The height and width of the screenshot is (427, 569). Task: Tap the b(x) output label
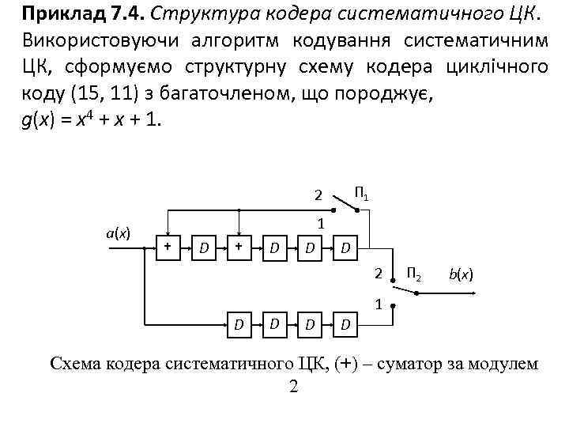(461, 274)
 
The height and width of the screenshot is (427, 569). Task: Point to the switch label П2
(413, 274)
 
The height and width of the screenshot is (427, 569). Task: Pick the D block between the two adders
(203, 249)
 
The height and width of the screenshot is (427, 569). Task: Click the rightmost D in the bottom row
(345, 323)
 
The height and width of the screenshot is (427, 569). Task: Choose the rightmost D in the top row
(345, 249)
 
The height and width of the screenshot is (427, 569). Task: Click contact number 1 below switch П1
(321, 224)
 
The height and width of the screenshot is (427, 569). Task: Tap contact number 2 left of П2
(379, 274)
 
